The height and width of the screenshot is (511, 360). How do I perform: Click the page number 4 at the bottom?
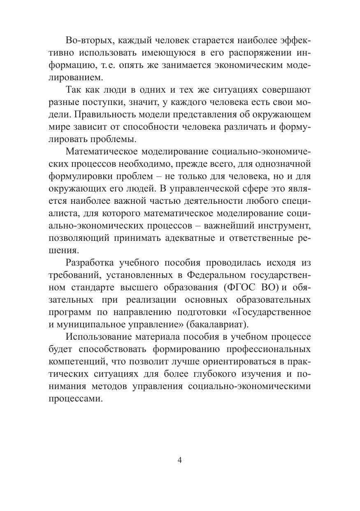tap(179, 460)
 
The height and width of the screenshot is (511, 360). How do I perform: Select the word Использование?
tap(98, 337)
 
